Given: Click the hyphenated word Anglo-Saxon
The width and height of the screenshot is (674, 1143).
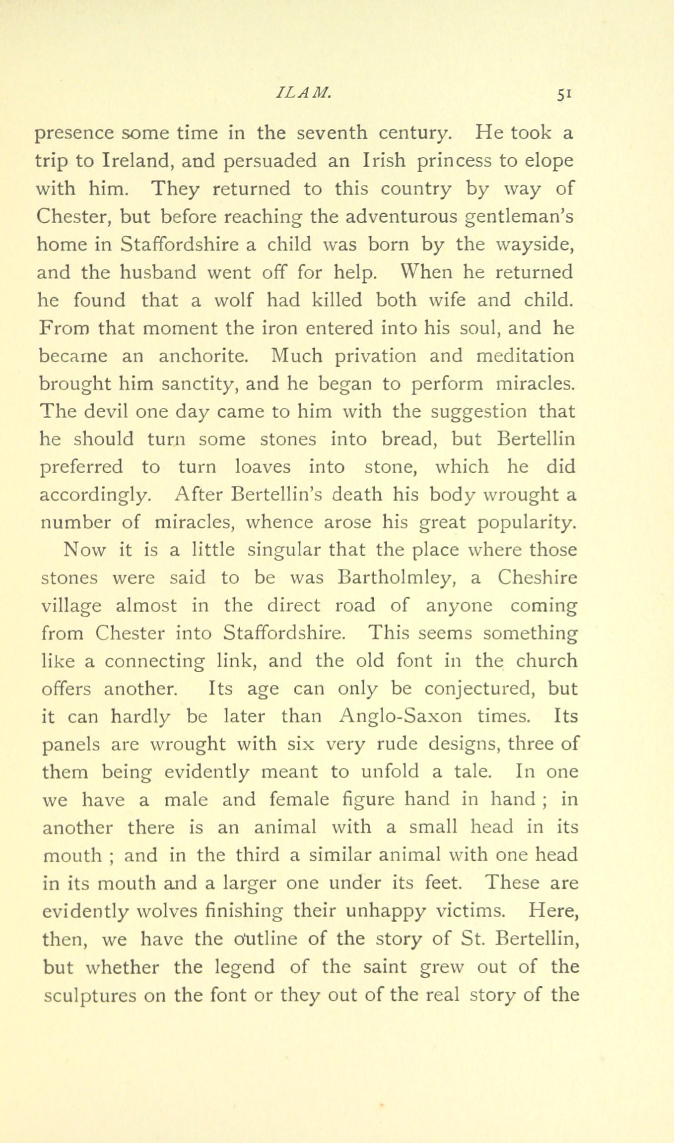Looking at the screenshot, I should pos(401,717).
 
